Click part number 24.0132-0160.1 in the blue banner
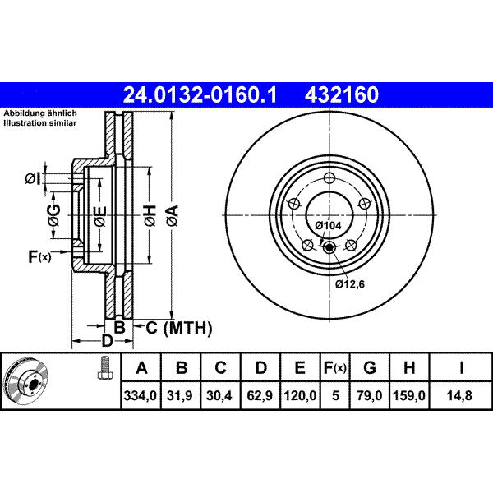pyautogui.click(x=200, y=95)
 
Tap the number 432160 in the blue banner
pyautogui.click(x=342, y=95)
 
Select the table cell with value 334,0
pyautogui.click(x=141, y=395)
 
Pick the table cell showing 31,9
pyautogui.click(x=180, y=395)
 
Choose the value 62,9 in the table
pyautogui.click(x=260, y=395)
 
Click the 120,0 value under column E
pyautogui.click(x=300, y=395)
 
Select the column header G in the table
pyautogui.click(x=370, y=367)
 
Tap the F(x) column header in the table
pyautogui.click(x=335, y=367)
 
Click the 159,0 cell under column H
pyautogui.click(x=409, y=395)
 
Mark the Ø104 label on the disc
pyautogui.click(x=328, y=225)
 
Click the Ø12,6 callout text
pyautogui.click(x=350, y=284)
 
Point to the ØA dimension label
pyautogui.click(x=173, y=215)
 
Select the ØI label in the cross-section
pyautogui.click(x=33, y=179)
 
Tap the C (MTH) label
pyautogui.click(x=179, y=328)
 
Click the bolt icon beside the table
pyautogui.click(x=105, y=367)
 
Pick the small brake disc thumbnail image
pyautogui.click(x=25, y=380)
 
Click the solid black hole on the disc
pyautogui.click(x=329, y=248)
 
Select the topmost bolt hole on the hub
pyautogui.click(x=329, y=178)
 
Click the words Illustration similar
pyautogui.click(x=40, y=123)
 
